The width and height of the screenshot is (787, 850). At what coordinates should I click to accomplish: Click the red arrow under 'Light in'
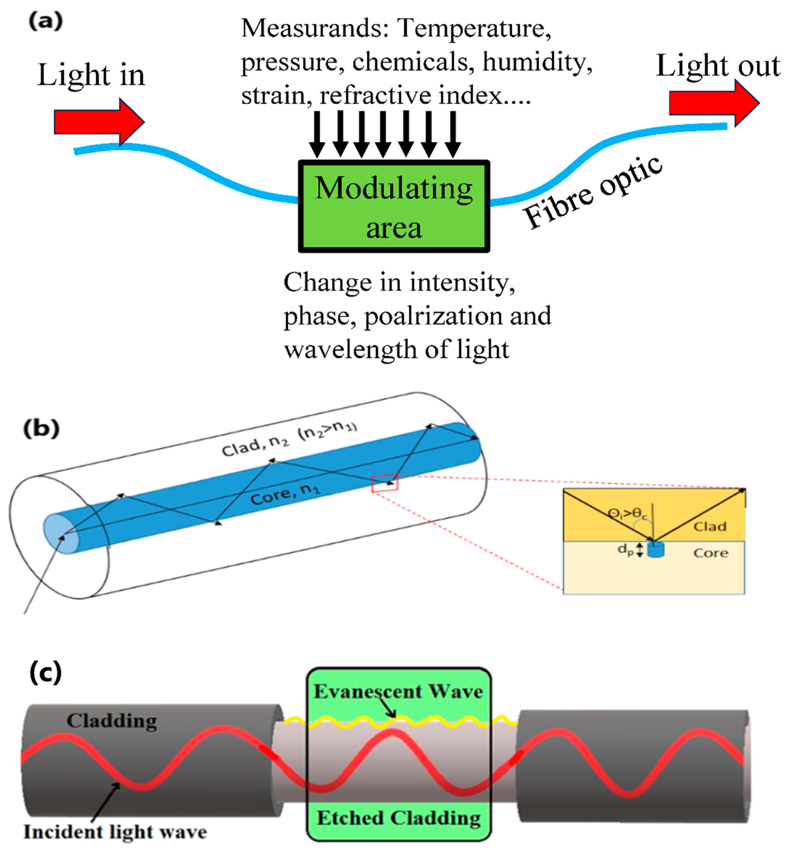coord(98,122)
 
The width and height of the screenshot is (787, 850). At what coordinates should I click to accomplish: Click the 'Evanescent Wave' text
coord(398,691)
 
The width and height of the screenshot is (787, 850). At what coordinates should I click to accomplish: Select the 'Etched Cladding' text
coord(399,818)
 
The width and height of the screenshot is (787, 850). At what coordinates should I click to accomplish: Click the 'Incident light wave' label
coord(115,832)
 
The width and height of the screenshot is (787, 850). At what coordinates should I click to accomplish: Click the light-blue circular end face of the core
coord(61,534)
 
